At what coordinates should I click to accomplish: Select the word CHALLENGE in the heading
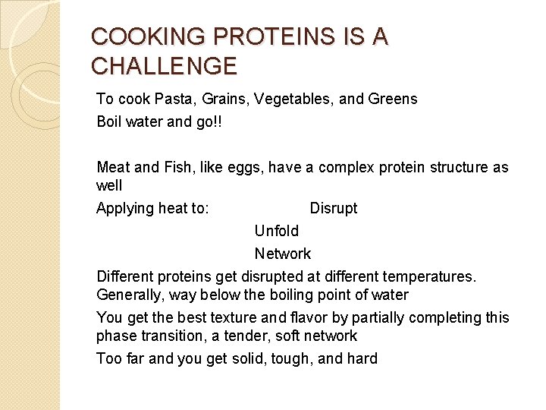[x=164, y=66]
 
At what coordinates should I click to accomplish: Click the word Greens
[x=392, y=99]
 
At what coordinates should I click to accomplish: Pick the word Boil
[x=110, y=121]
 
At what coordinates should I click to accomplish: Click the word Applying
[x=125, y=209]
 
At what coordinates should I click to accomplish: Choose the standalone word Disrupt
[x=334, y=208]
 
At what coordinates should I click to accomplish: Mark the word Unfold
[x=277, y=231]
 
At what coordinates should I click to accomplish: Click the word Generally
[x=130, y=295]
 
